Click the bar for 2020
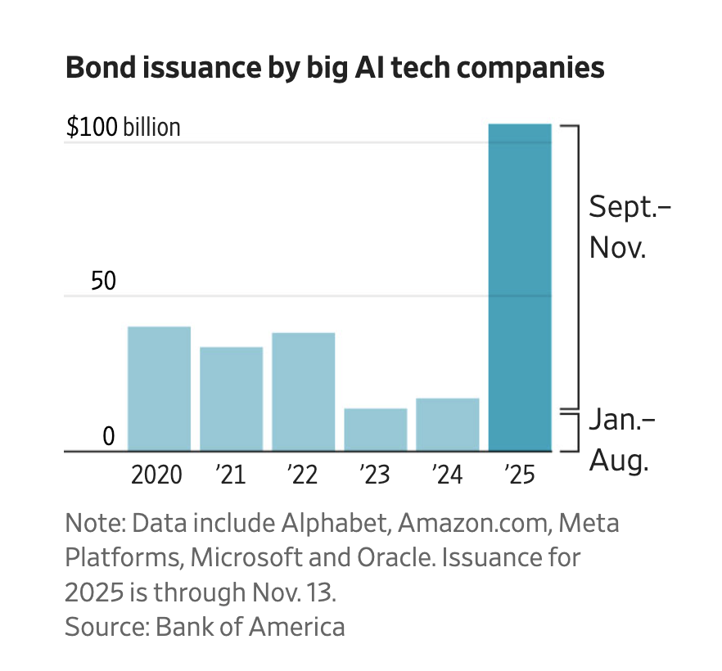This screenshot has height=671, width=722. [x=159, y=389]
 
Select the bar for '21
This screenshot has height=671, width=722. [x=231, y=399]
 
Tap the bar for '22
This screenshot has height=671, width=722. [x=303, y=391]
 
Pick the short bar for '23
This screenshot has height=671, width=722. [x=375, y=429]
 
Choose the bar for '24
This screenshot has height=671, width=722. [x=447, y=424]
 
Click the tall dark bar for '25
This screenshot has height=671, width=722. [x=519, y=286]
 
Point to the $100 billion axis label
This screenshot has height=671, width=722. [x=123, y=128]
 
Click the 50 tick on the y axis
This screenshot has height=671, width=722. [x=103, y=281]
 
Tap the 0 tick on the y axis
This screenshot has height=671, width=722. [x=109, y=437]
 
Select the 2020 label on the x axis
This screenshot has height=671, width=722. [x=158, y=475]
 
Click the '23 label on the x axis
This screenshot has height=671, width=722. [x=375, y=475]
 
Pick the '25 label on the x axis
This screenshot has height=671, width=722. [x=519, y=475]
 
